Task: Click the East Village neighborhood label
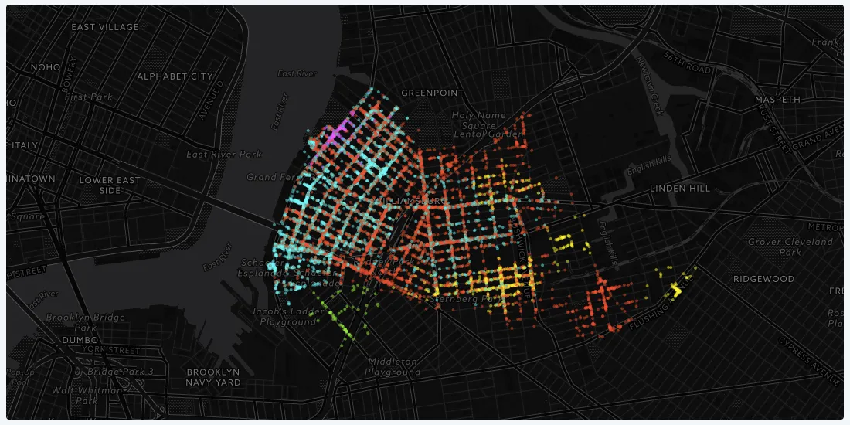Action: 104,27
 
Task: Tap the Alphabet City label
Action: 174,76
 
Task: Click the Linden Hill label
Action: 679,189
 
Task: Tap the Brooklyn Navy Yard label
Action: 213,376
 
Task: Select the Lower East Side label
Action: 110,185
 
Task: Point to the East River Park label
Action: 225,155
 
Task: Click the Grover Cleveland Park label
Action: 790,247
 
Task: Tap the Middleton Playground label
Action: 393,367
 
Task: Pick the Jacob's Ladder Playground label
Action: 288,316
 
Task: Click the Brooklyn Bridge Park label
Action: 74,322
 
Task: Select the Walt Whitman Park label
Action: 87,396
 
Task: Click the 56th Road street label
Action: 685,63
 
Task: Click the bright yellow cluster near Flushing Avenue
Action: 676,290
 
